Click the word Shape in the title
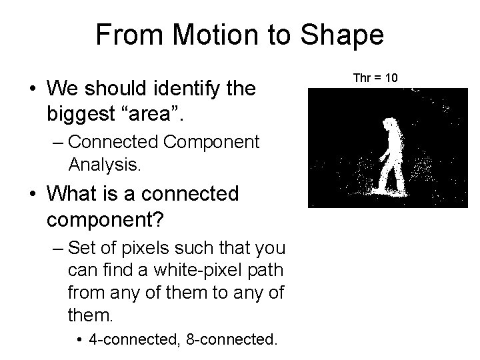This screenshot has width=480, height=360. click(x=343, y=35)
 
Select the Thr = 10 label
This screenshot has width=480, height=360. click(x=375, y=78)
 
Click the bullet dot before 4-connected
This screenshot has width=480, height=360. click(x=80, y=341)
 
